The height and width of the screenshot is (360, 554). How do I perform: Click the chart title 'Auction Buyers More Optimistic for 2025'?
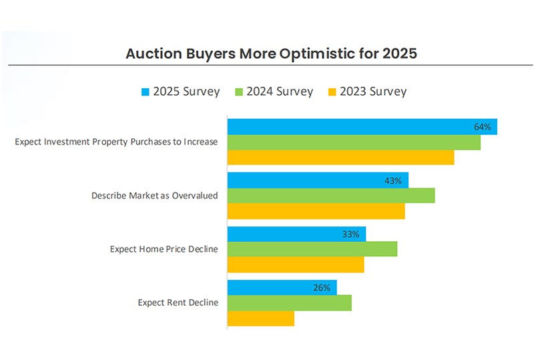click(x=271, y=53)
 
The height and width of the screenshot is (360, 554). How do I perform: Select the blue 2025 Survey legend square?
click(x=146, y=92)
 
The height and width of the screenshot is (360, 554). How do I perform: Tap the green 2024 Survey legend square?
click(x=239, y=92)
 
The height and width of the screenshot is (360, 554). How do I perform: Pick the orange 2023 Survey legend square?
click(x=332, y=92)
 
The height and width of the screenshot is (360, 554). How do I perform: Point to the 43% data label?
click(x=393, y=180)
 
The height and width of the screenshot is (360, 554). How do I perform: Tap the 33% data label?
click(x=351, y=234)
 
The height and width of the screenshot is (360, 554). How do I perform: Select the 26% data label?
click(x=322, y=288)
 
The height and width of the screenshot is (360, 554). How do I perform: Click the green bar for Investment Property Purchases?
click(x=354, y=142)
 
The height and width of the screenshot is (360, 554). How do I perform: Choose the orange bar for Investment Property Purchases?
click(x=340, y=158)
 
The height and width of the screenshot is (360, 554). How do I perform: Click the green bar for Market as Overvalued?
click(x=331, y=196)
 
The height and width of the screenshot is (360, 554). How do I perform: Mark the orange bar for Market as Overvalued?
click(x=316, y=211)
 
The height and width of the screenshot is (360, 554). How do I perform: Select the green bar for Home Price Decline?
click(x=312, y=249)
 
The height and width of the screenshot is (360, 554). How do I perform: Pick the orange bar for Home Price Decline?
click(x=296, y=264)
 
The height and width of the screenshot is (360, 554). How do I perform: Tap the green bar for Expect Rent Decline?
click(x=289, y=303)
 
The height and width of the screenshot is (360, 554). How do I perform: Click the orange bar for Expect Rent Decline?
click(x=260, y=319)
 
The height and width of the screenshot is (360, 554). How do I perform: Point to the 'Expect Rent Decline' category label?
click(x=178, y=303)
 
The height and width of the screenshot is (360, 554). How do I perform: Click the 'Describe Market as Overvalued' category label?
click(x=155, y=196)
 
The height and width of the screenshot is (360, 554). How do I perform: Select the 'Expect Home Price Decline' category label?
click(x=164, y=249)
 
